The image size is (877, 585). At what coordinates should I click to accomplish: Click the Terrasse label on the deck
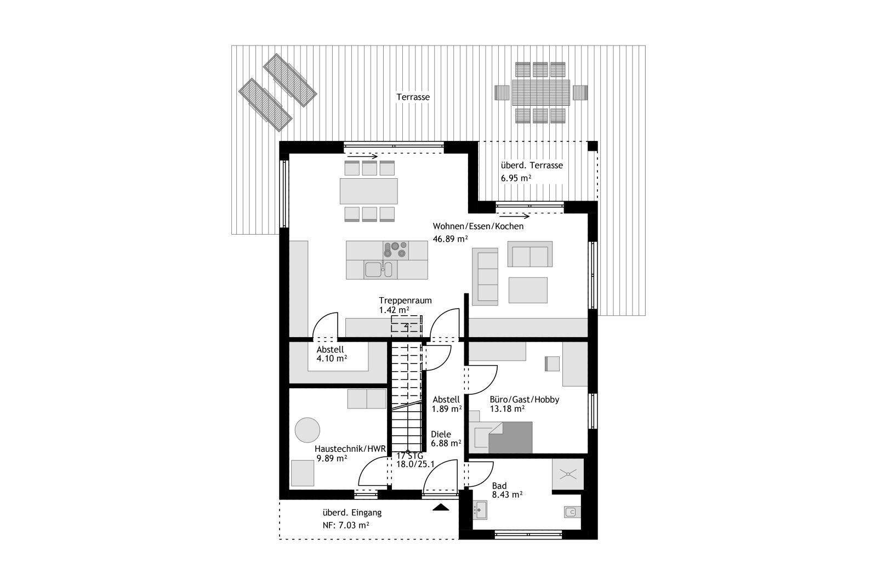[x=413, y=96]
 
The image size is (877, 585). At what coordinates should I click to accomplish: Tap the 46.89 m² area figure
[x=450, y=238]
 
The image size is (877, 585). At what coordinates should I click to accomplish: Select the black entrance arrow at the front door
[x=441, y=508]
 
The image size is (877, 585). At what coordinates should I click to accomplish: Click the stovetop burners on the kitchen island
[x=395, y=250]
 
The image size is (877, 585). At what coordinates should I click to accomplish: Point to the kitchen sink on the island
[x=379, y=269]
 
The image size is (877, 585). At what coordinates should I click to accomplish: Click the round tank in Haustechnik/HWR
[x=307, y=430]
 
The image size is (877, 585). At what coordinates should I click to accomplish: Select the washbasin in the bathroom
[x=480, y=510]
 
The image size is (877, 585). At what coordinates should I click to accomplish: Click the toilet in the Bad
[x=572, y=512]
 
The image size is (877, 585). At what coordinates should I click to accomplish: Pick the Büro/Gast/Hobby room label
[x=524, y=399]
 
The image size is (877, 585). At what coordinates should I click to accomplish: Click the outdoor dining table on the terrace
[x=541, y=93]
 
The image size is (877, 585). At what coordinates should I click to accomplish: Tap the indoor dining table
[x=369, y=191]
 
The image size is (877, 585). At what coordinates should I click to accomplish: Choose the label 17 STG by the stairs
[x=410, y=456]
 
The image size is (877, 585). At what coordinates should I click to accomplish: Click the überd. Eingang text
[x=352, y=513]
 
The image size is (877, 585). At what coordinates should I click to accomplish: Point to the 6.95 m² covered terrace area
[x=516, y=178]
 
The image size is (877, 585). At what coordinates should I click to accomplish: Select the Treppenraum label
[x=405, y=300]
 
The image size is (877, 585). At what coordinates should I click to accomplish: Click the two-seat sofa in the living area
[x=530, y=254]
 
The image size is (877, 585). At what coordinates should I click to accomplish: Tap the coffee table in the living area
[x=528, y=290]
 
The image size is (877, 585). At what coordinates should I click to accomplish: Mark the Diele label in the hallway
[x=441, y=434]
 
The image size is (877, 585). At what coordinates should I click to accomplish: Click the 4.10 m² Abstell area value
[x=332, y=358]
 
